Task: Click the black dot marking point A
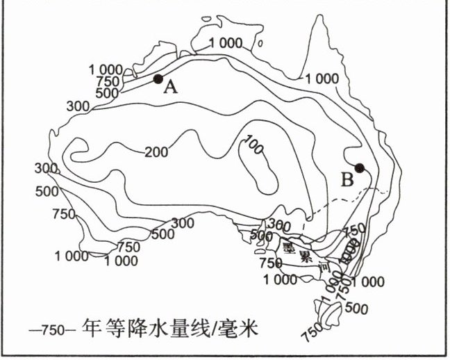(x=158, y=79)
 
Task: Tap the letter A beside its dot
(x=171, y=88)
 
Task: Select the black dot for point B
(x=360, y=167)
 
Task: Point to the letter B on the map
(x=347, y=179)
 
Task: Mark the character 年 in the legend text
(x=92, y=327)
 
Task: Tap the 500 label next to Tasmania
(x=356, y=308)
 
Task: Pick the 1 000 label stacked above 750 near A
(x=106, y=69)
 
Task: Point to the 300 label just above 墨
(x=277, y=223)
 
